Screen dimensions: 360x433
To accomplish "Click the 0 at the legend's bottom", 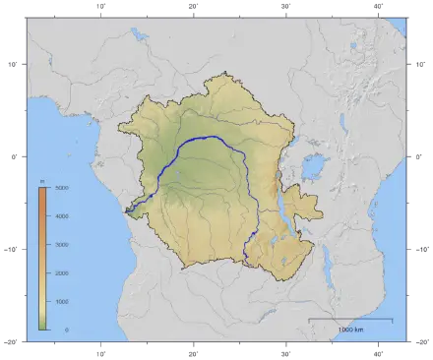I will click(x=66, y=330).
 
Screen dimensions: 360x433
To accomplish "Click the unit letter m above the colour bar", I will click(x=42, y=180).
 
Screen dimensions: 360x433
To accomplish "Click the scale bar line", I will click(x=350, y=320).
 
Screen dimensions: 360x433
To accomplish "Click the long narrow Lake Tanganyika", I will click(x=283, y=211).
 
